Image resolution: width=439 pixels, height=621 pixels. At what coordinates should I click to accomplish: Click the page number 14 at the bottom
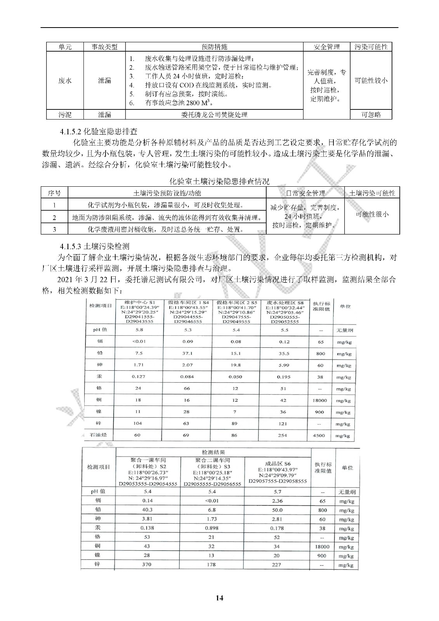click(219, 598)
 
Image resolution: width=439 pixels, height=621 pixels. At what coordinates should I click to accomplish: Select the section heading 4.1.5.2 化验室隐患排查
click(99, 132)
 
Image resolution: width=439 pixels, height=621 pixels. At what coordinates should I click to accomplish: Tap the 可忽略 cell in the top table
click(371, 114)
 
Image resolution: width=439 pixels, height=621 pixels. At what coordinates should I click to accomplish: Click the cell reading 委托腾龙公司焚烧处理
click(214, 114)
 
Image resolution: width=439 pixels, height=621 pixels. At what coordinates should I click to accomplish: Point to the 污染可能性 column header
click(371, 47)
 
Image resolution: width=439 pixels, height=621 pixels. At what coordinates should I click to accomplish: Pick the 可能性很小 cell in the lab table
click(372, 214)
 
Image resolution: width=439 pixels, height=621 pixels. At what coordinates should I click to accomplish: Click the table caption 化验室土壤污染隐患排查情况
click(219, 181)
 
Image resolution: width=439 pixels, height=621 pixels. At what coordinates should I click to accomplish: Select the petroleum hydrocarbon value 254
click(283, 435)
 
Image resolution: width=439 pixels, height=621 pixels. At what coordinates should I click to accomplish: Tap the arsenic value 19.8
click(236, 365)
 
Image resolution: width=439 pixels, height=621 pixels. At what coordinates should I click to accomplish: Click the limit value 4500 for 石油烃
click(319, 435)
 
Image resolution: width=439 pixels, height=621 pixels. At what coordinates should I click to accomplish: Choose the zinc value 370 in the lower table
click(147, 564)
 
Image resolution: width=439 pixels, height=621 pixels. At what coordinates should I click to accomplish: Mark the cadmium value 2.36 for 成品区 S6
click(277, 501)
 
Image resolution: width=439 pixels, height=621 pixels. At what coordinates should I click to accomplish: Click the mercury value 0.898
click(212, 528)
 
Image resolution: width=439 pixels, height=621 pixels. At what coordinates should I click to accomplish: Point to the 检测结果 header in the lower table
click(213, 452)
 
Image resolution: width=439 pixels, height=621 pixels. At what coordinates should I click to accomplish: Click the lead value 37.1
click(187, 353)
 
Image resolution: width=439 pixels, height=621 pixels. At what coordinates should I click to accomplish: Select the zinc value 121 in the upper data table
click(283, 423)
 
